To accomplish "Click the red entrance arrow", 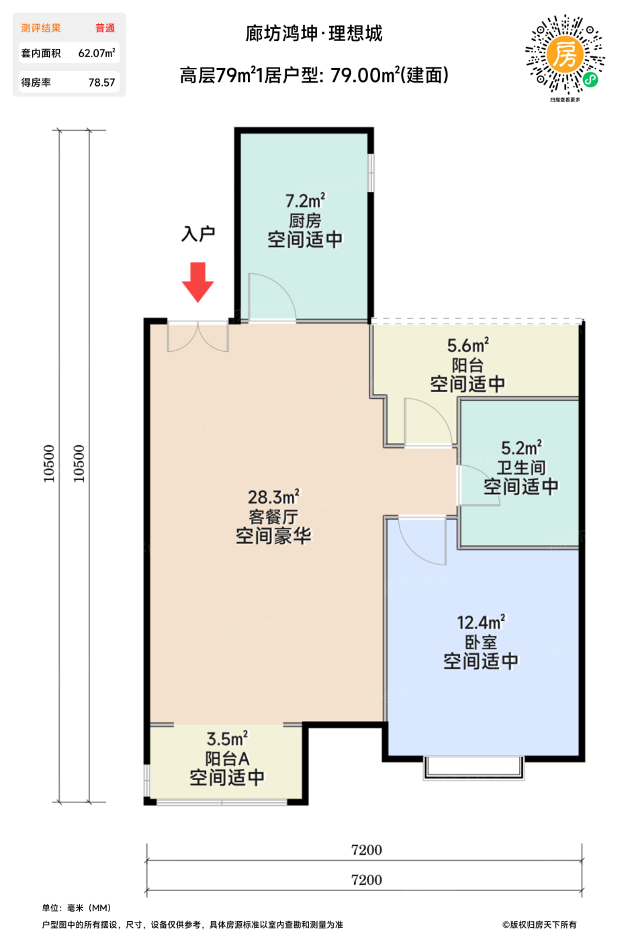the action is [x=197, y=282].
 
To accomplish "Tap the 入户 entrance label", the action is [x=198, y=234].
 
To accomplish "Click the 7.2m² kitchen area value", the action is [x=305, y=201].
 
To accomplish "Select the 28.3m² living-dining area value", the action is [x=274, y=497].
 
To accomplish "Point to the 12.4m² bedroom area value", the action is [x=481, y=622].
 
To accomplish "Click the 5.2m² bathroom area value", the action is [x=521, y=448].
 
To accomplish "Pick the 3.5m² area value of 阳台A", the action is [x=227, y=739].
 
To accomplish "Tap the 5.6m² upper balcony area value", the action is [x=467, y=345].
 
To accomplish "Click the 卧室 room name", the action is [x=481, y=642].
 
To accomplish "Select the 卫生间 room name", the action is [x=521, y=467].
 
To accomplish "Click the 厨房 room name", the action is [x=305, y=220].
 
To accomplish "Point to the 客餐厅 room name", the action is [x=274, y=516].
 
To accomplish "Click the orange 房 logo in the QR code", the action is [x=565, y=54].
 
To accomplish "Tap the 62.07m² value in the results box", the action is [x=97, y=53].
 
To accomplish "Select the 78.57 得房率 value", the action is [x=101, y=82].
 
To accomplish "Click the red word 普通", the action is [x=105, y=28].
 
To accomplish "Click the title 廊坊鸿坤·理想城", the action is [x=314, y=34].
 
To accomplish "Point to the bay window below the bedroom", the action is [x=474, y=767].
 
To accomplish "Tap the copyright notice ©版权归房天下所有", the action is [x=539, y=925].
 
